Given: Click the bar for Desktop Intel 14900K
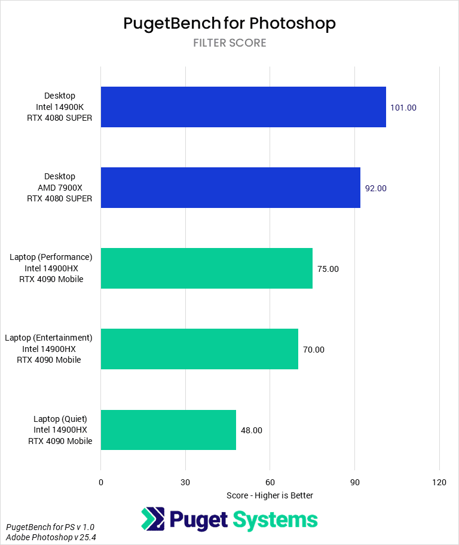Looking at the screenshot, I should (243, 107).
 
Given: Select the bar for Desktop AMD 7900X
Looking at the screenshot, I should (230, 188).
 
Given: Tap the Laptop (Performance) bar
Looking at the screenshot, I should (206, 268).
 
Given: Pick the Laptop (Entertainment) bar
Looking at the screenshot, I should (199, 349).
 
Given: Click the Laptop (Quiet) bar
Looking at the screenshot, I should (168, 430).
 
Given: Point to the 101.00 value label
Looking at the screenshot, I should (403, 108).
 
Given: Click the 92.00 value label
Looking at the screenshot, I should (376, 188).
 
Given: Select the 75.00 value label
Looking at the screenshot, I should (328, 269).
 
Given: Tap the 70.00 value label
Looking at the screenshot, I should (314, 350).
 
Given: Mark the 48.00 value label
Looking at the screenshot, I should (252, 430).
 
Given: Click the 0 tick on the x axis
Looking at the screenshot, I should (101, 482).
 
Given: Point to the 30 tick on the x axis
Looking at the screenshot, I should (185, 482).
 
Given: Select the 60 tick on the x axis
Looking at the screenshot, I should (270, 482).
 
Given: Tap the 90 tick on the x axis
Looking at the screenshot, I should (354, 482).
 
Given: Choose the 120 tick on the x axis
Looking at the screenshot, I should (439, 482).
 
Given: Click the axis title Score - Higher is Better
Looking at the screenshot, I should (270, 495).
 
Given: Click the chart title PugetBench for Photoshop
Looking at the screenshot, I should (229, 23).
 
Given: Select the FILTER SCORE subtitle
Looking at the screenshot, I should (229, 43).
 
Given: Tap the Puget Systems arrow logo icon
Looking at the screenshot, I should (153, 519).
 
